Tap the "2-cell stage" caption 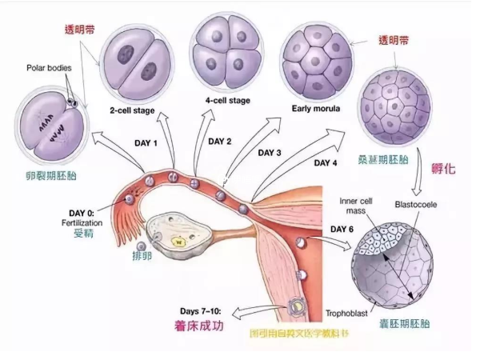(x=132, y=110)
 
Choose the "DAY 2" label (x=220, y=142)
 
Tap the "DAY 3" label (x=268, y=151)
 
